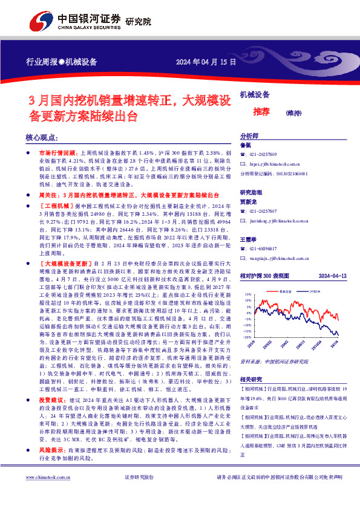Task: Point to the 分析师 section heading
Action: pos(249,137)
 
